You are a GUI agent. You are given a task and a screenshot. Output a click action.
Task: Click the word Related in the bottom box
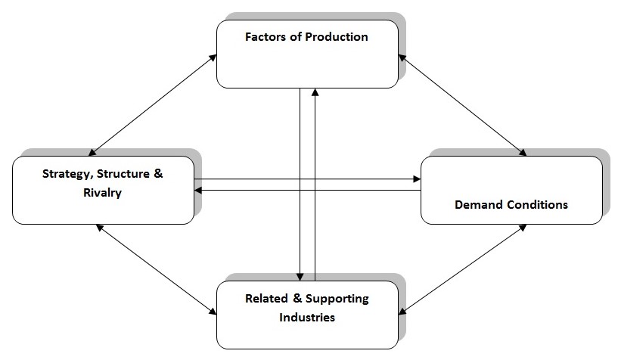pos(266,298)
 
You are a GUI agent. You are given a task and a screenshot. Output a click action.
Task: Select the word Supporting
pos(335,298)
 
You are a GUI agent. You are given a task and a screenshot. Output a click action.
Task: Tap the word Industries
pos(307,316)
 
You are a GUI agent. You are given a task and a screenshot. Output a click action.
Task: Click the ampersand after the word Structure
pos(157,174)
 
